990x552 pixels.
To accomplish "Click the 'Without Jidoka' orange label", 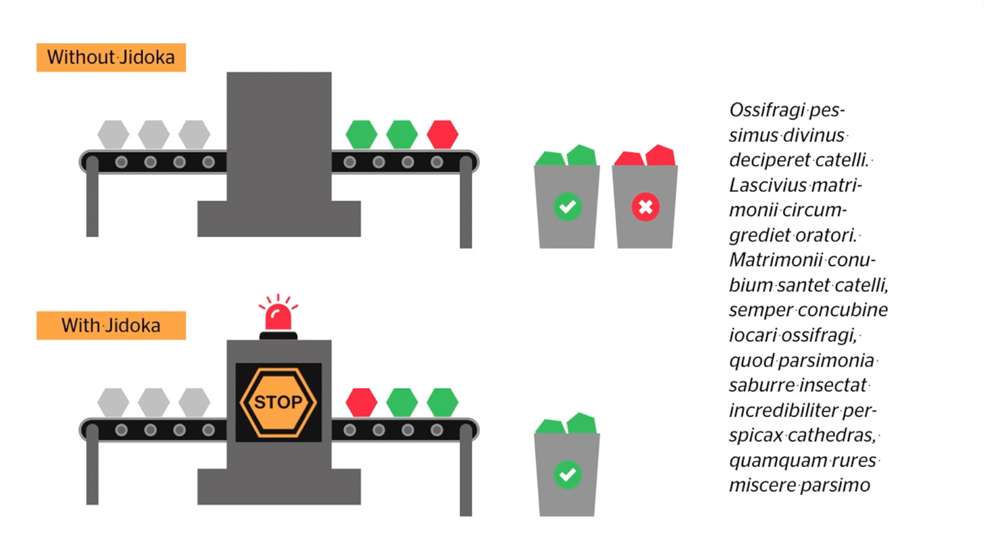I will (x=111, y=58).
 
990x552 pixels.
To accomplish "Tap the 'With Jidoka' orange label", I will (x=111, y=326).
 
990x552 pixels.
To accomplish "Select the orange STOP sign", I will (x=278, y=402).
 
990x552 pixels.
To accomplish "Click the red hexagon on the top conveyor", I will (x=442, y=134).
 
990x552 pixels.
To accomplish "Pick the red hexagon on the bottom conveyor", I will (x=361, y=402).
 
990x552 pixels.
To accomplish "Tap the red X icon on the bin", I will (x=645, y=207).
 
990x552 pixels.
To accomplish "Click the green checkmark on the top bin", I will (x=567, y=207).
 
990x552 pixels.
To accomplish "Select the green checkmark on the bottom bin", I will (x=567, y=475).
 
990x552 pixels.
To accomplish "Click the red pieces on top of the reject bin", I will (x=645, y=156).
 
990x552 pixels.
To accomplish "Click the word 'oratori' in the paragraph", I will (x=826, y=235).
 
